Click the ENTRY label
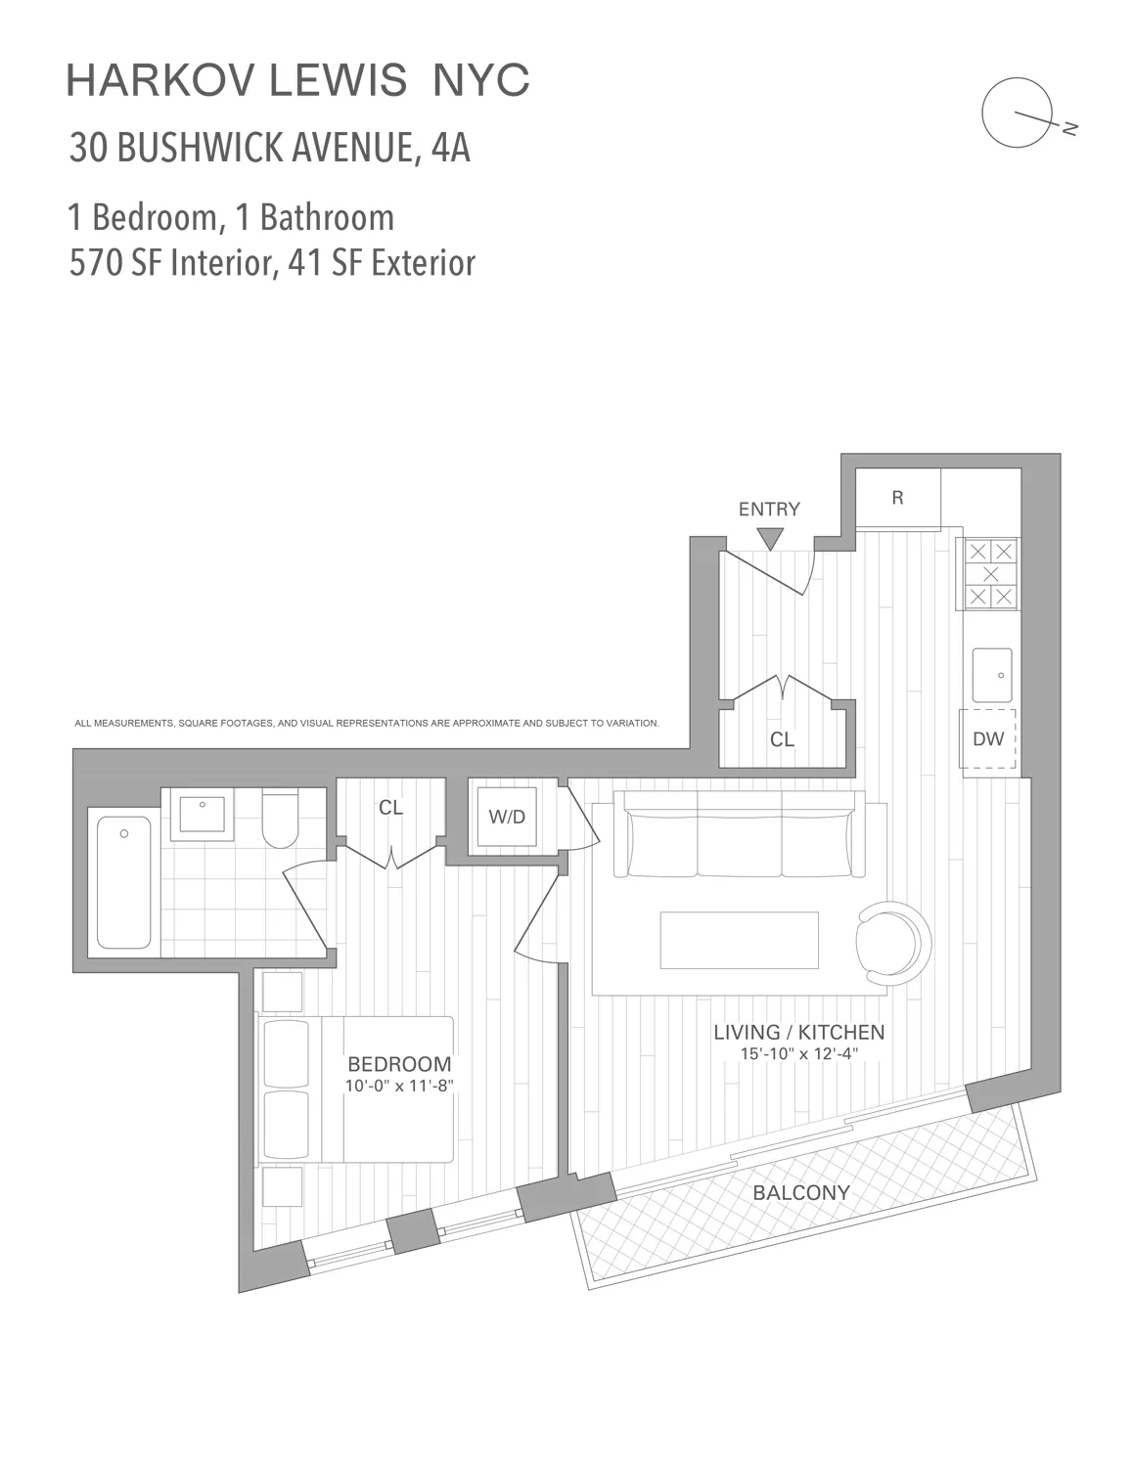click(x=768, y=509)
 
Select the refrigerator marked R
click(x=897, y=498)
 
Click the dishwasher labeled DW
click(x=988, y=738)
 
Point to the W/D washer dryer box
click(x=507, y=817)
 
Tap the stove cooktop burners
click(x=991, y=573)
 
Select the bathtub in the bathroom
click(x=123, y=880)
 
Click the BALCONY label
click(x=800, y=1192)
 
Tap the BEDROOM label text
click(x=399, y=1064)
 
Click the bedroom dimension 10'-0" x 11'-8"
click(x=399, y=1086)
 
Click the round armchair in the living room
click(x=891, y=943)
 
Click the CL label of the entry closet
click(x=782, y=739)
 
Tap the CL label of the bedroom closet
click(x=390, y=808)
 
